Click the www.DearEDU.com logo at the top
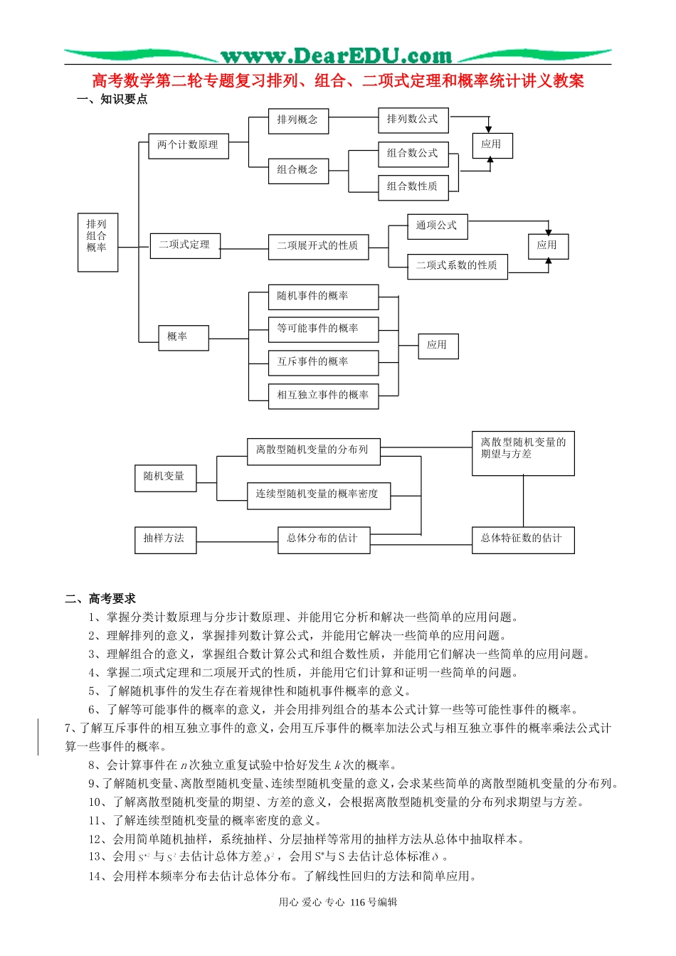(337, 55)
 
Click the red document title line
(338, 81)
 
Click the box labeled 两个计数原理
(188, 145)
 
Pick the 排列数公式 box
(413, 119)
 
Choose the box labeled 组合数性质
(413, 186)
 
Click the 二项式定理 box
(185, 245)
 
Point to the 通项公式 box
(437, 225)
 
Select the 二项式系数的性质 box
(457, 266)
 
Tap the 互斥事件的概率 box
(323, 362)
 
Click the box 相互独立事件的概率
(323, 395)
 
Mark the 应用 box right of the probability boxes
(438, 346)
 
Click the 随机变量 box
(165, 477)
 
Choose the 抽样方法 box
(164, 539)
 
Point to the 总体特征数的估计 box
(523, 539)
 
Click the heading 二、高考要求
(100, 599)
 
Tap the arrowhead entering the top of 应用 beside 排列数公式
(488, 129)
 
